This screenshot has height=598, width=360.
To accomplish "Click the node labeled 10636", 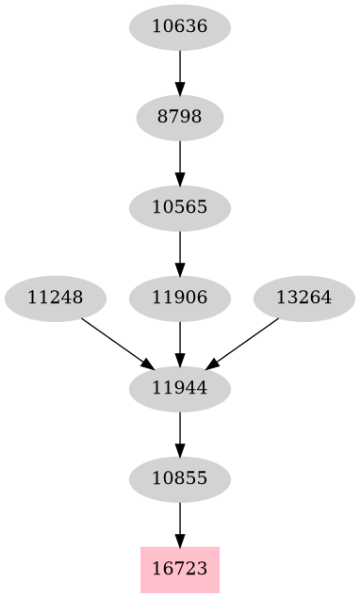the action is pos(179,27).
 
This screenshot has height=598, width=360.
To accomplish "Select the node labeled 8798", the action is pos(179,118).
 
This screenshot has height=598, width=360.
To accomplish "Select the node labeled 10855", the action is pos(179,479).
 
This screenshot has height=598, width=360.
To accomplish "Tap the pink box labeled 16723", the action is pos(179,570).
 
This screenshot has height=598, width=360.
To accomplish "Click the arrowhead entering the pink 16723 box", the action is pos(179,540).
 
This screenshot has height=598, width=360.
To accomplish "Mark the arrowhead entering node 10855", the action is pos(179,449).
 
